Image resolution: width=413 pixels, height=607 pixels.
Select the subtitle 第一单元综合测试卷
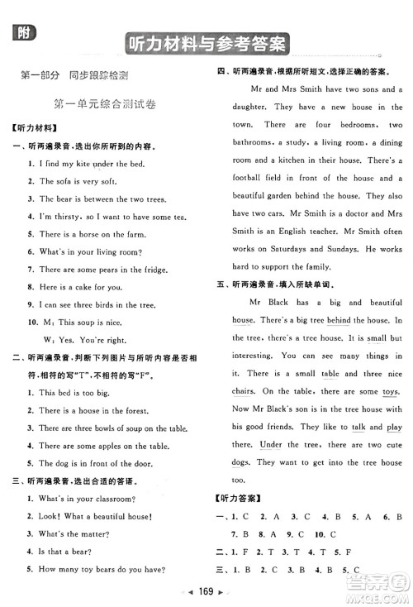pyautogui.click(x=103, y=104)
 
